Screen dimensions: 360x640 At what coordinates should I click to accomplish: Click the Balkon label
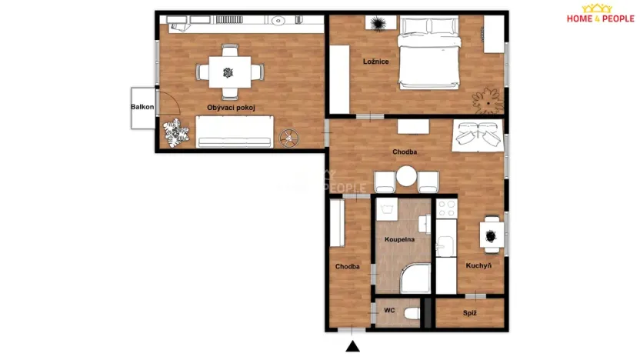coord(143,108)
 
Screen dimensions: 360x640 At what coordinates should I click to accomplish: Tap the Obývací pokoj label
coord(231,108)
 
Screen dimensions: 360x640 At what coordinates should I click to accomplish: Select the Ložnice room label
coord(375,62)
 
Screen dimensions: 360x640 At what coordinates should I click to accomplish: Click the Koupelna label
coord(400,239)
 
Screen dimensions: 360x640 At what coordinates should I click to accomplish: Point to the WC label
coord(389,311)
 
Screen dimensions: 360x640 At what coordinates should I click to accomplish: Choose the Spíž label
coord(469,313)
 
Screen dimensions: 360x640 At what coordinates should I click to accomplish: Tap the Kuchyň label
coord(478,265)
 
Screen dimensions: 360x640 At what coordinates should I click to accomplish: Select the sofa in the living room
coord(234,131)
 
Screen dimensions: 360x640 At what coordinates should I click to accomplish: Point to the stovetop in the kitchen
coord(445,208)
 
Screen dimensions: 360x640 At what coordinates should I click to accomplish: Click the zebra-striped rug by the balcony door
coord(176,132)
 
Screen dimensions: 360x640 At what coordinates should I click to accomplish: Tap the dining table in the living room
coord(229,73)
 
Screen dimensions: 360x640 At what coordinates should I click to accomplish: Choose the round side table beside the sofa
coord(289,138)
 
